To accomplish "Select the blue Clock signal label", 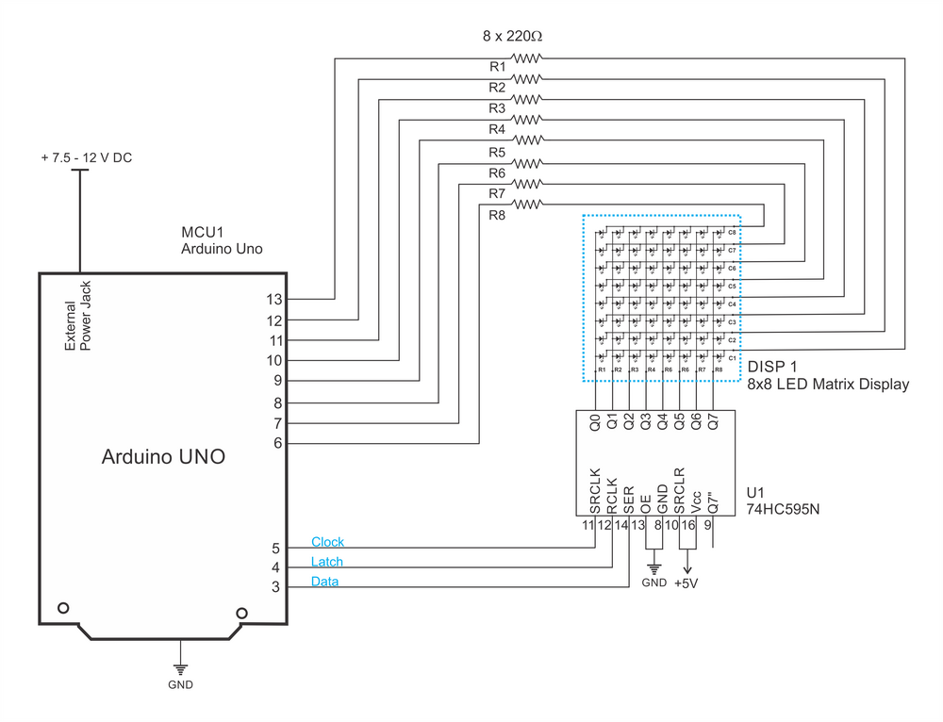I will tap(327, 542).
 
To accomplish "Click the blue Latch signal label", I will tap(326, 562).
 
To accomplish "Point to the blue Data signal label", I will tap(324, 582).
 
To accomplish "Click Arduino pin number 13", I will tap(274, 299).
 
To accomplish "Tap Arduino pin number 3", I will tap(274, 587).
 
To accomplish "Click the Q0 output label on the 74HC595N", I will tap(595, 421).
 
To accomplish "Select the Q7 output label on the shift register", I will tap(712, 421).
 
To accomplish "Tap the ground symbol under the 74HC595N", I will tap(653, 568).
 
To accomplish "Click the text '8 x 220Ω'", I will tap(511, 37).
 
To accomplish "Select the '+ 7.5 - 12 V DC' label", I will tap(86, 158).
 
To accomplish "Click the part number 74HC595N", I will tap(786, 510).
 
